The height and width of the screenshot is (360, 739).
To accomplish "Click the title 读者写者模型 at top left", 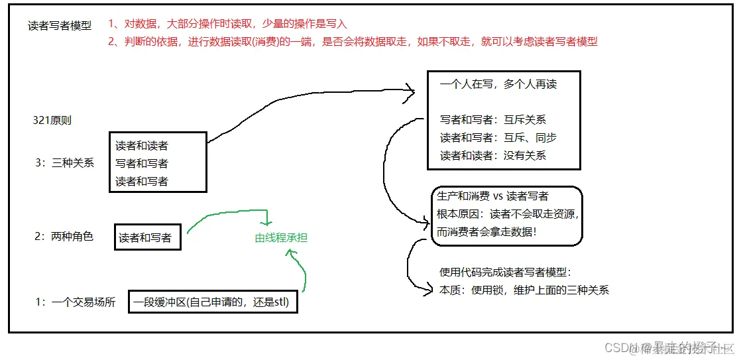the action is pos(60,26).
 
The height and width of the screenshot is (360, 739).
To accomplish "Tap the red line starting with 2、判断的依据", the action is pos(352,41).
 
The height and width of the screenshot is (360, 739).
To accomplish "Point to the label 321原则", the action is pos(52,121).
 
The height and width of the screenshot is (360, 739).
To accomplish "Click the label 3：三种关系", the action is pos(64,162).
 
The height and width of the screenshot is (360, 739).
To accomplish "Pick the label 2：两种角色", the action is pos(64,236).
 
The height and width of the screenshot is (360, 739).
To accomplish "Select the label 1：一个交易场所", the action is pos(75,302).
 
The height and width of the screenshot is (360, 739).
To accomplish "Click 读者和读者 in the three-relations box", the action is pos(142,146).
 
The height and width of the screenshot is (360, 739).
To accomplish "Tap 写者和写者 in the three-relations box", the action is pos(142,163).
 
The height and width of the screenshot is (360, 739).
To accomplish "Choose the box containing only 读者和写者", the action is pos(148,237).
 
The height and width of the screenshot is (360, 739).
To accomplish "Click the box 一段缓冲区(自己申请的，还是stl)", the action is pos(212,303).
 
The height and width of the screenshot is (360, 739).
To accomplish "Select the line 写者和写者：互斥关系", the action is pos(493,121).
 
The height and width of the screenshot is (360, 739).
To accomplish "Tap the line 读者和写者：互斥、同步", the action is pos(498,138).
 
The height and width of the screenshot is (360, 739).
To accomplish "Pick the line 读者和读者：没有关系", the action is pos(493,155).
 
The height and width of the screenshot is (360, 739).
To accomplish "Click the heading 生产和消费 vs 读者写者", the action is pos(492,196).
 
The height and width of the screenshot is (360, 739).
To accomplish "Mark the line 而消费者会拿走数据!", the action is pos(486,232).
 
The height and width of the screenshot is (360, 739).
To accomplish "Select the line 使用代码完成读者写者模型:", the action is pos(504,272).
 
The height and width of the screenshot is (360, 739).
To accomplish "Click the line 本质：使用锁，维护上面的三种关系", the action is pos(524,290).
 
